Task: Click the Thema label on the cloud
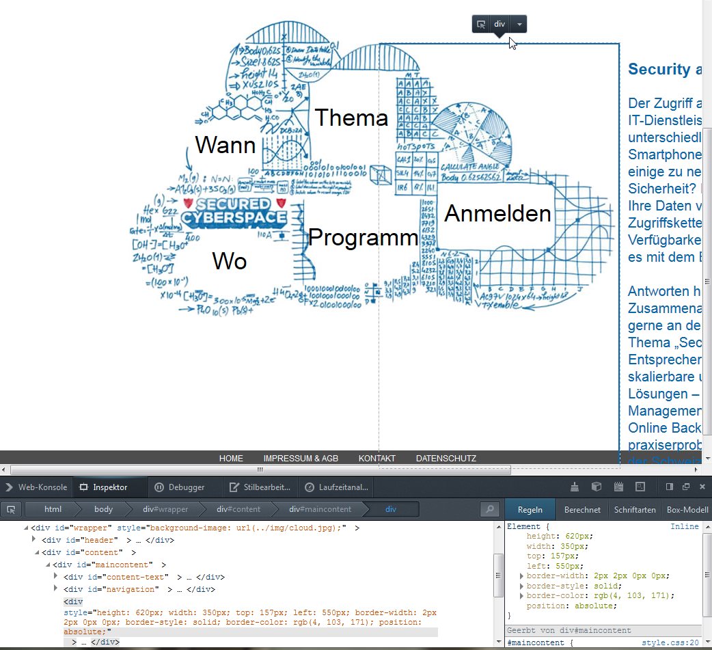(351, 118)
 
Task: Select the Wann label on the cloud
(225, 145)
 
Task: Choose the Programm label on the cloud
(363, 238)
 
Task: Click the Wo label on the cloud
(229, 261)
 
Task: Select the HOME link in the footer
(231, 459)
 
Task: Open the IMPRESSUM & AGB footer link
(301, 459)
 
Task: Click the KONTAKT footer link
(376, 459)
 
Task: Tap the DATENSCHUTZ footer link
(446, 459)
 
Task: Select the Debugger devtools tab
(186, 487)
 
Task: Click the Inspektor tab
(109, 487)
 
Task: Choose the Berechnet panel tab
(582, 509)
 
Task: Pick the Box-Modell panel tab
(687, 509)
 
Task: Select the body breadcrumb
(103, 509)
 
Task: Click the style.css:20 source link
(670, 643)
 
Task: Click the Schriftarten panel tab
(635, 509)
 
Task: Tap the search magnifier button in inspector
(489, 509)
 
